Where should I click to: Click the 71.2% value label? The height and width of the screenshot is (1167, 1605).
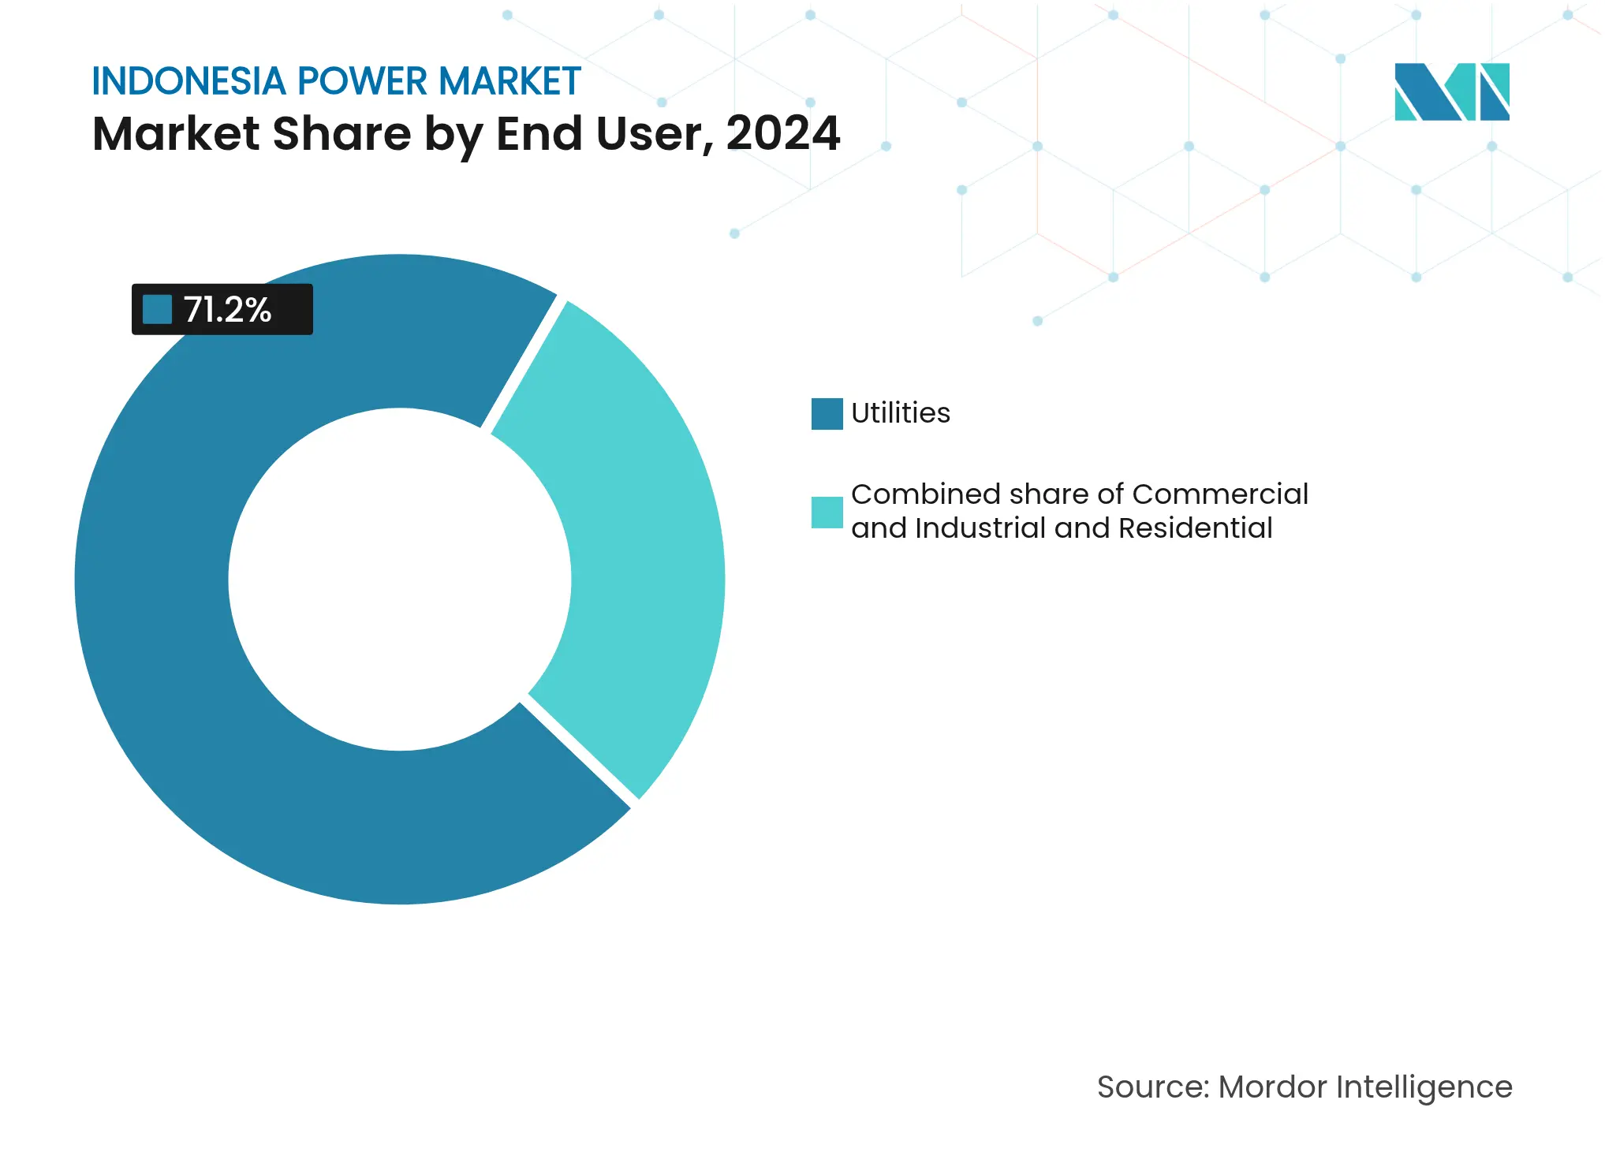click(227, 310)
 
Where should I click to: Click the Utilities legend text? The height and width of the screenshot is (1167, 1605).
click(900, 413)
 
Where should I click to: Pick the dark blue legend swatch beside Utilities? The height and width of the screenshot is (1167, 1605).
click(827, 414)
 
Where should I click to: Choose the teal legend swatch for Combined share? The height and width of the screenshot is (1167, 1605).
click(827, 512)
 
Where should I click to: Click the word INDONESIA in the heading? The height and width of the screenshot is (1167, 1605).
click(188, 81)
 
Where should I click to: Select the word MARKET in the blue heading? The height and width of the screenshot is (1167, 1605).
click(509, 81)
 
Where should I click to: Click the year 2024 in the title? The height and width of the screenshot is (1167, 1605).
click(783, 133)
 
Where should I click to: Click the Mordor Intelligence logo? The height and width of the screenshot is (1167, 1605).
click(1451, 91)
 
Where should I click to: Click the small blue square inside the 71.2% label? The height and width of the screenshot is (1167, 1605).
click(157, 309)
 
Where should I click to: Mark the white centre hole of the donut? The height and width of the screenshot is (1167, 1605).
click(399, 580)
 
